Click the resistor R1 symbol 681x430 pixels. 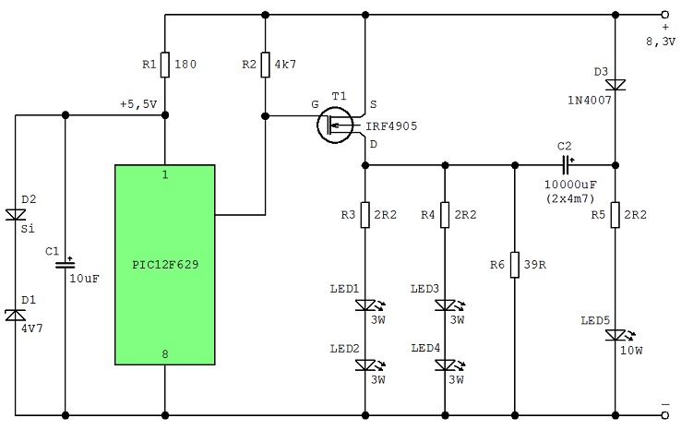(x=165, y=65)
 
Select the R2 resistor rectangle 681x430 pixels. (x=266, y=65)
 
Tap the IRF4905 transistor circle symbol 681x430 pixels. (x=334, y=125)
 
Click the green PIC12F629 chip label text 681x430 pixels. (x=165, y=265)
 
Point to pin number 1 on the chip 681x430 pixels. (x=165, y=174)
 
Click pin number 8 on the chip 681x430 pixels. (x=165, y=354)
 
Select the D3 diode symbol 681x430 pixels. (x=615, y=85)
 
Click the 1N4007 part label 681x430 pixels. (x=590, y=101)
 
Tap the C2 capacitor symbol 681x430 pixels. (x=566, y=165)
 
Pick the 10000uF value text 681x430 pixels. (x=570, y=185)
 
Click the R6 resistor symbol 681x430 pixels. (x=515, y=265)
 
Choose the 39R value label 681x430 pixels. (x=535, y=265)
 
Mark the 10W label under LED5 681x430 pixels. (x=631, y=350)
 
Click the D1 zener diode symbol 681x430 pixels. (x=15, y=315)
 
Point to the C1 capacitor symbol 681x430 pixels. (x=66, y=264)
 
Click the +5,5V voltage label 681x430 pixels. (x=138, y=104)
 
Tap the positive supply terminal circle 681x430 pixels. (x=665, y=15)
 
